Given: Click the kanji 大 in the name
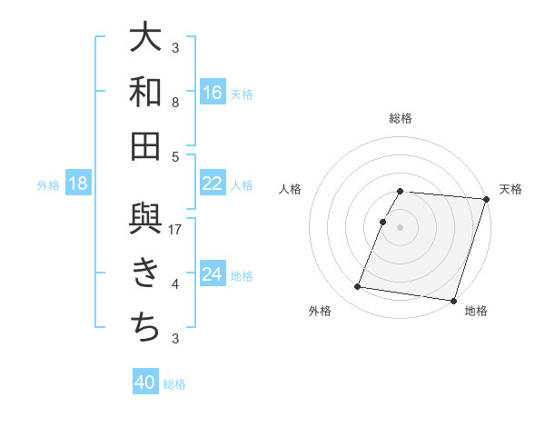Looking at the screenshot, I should (145, 37).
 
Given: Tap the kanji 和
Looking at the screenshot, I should (145, 92).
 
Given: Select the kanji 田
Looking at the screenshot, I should (145, 146).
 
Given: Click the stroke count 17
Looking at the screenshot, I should (176, 229).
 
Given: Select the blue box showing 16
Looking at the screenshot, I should (213, 93).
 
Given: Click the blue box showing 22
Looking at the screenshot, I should (213, 184).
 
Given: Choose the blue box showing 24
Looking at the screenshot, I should (213, 274).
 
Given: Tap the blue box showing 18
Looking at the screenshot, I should (78, 184).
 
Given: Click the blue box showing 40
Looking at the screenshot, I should (145, 382).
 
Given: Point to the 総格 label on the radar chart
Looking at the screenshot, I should (401, 118).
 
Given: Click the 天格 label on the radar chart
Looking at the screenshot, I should (510, 189).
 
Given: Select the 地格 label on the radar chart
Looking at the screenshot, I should (476, 311).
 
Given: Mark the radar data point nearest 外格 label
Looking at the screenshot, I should (358, 287).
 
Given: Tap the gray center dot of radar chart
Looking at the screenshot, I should (401, 227).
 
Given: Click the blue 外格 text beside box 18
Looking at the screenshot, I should (48, 184).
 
